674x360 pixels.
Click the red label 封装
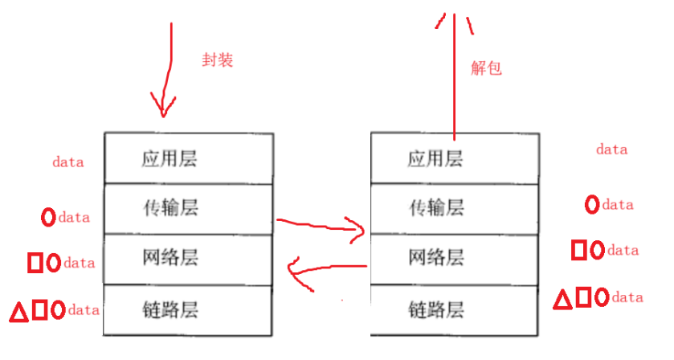point(218,59)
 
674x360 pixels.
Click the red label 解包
point(486,68)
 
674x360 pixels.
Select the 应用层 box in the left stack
point(189,158)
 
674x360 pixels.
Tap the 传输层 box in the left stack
point(189,208)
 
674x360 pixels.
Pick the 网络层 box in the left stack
point(189,258)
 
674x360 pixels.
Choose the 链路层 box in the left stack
point(189,309)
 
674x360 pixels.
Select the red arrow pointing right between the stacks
point(321,226)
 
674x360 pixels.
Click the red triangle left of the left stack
point(18,311)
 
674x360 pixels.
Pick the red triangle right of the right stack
point(564,300)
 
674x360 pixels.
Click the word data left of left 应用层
point(68,162)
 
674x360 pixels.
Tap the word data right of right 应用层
point(611,149)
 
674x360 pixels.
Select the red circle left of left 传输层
point(47,217)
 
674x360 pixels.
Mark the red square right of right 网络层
point(578,250)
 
